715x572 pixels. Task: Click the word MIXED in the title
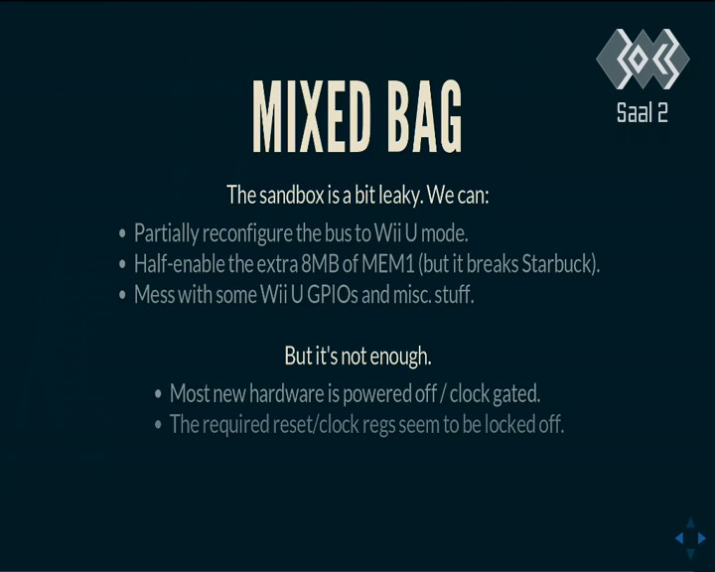click(312, 116)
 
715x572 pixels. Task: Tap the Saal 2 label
click(643, 112)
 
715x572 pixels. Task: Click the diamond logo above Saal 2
click(643, 59)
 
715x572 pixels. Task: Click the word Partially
click(166, 234)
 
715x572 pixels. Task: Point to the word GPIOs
click(333, 295)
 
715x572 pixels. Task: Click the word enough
click(400, 357)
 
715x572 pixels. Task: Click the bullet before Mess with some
click(122, 295)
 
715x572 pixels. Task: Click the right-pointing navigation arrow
click(702, 538)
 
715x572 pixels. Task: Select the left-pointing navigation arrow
click(679, 538)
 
